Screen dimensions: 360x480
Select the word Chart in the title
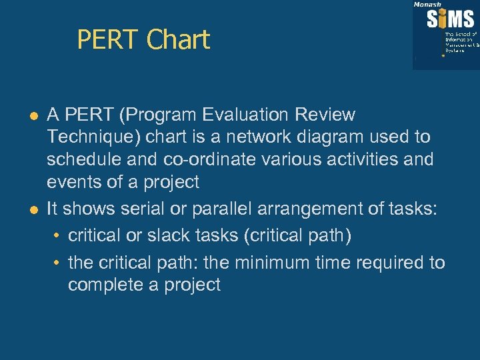point(178,40)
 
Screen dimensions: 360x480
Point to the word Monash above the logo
point(427,4)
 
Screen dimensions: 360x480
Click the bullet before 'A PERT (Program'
point(32,116)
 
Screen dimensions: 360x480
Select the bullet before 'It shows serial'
point(32,209)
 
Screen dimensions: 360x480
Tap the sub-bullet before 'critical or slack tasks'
point(58,237)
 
